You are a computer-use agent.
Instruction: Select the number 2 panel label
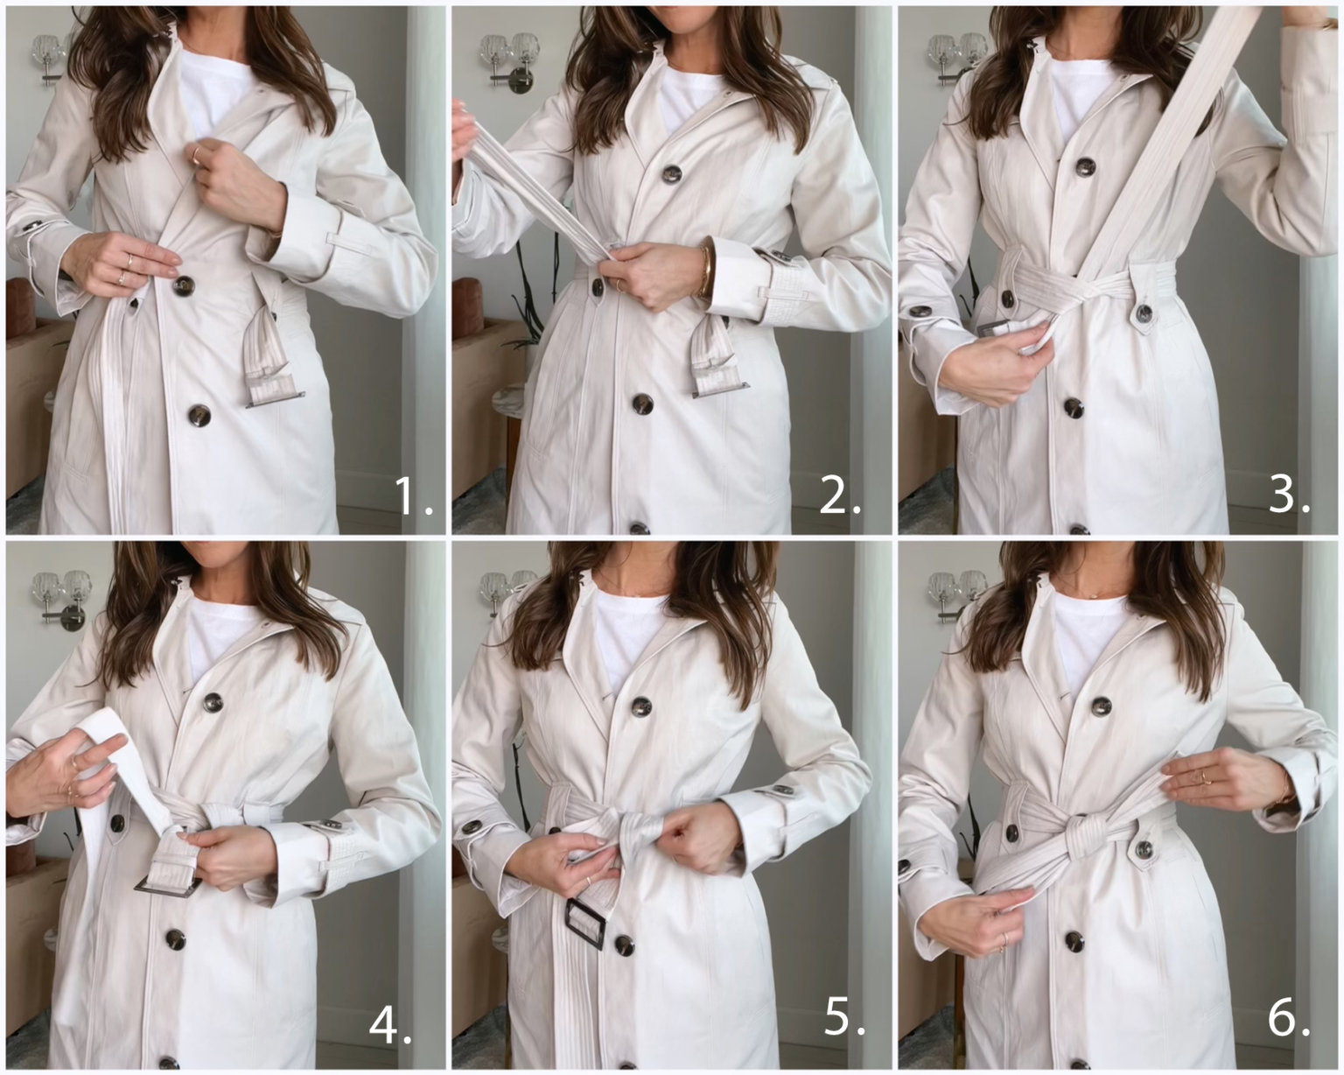click(840, 496)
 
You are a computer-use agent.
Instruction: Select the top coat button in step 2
click(672, 173)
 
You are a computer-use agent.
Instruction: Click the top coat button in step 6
click(1101, 706)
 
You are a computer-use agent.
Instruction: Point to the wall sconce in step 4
click(59, 595)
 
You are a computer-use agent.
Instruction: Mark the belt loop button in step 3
click(1143, 312)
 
